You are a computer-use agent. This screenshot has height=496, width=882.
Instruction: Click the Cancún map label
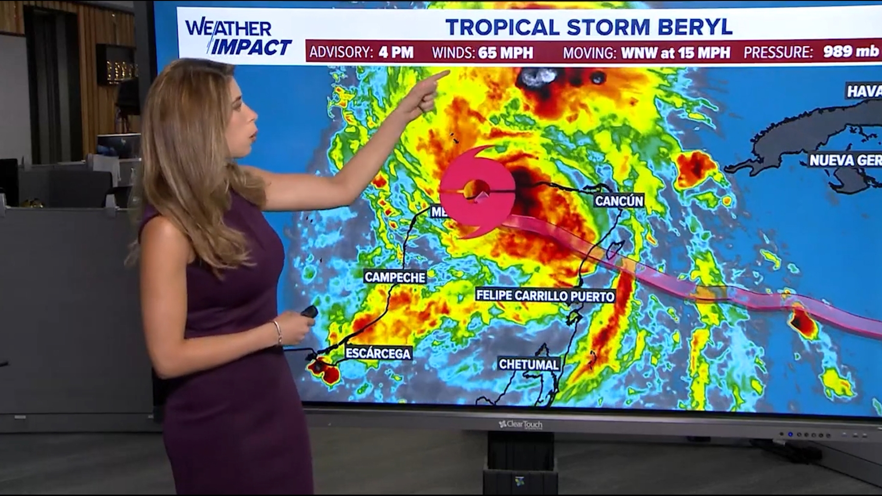coord(619,201)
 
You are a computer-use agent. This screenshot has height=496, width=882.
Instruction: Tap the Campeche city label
coord(395,277)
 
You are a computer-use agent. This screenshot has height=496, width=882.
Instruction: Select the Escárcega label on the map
coord(378,353)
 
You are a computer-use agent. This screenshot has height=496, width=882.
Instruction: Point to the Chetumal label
coord(529,364)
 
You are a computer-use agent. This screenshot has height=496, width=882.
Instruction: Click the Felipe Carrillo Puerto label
coord(545,295)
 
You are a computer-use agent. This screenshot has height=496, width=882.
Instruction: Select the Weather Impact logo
coord(237,37)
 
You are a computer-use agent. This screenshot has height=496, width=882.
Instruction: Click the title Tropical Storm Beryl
coord(589,27)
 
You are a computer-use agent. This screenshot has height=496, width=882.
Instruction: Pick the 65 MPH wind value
coord(505,53)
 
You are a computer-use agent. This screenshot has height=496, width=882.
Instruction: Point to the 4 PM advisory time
coord(396,52)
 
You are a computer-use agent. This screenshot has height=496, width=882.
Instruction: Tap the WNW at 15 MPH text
coord(675,53)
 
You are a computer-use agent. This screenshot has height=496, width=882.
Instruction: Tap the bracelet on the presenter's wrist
coord(277,333)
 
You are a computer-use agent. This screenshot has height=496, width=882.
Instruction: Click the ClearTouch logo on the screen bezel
coord(520,424)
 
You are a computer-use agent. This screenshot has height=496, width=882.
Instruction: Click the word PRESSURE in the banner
coord(778,52)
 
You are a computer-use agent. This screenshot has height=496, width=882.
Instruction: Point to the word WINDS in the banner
coord(453,53)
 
